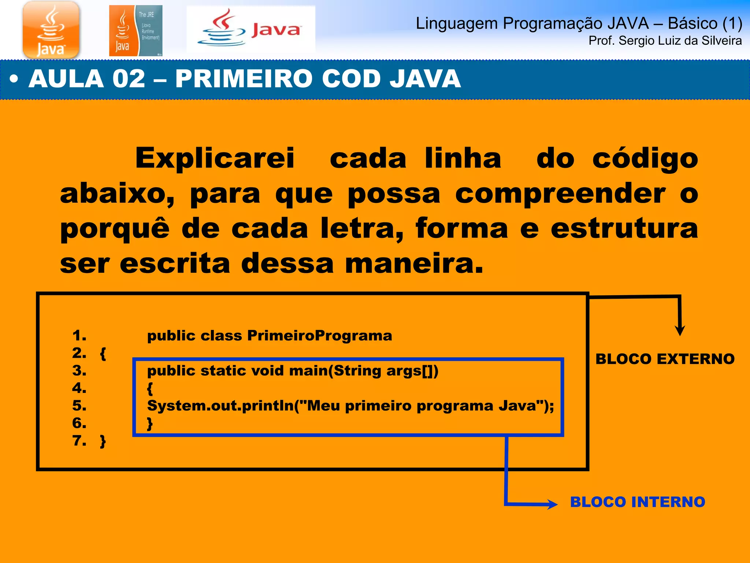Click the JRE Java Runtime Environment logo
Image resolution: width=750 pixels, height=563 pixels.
pyautogui.click(x=135, y=31)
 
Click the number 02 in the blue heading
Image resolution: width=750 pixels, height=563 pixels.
pyautogui.click(x=129, y=79)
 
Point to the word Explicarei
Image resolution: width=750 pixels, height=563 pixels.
pyautogui.click(x=215, y=158)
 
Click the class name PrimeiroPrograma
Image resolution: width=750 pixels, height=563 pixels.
pyautogui.click(x=319, y=335)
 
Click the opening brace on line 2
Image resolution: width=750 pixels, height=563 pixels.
pyautogui.click(x=103, y=354)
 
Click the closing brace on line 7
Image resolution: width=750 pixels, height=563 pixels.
pyautogui.click(x=103, y=441)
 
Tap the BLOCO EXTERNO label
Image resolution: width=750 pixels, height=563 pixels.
pyautogui.click(x=665, y=359)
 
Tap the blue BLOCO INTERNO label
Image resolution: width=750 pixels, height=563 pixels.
pyautogui.click(x=638, y=502)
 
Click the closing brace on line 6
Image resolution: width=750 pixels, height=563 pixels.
pyautogui.click(x=150, y=424)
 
